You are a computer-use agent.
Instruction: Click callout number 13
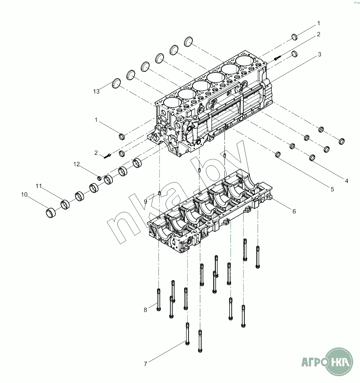[x=96, y=91]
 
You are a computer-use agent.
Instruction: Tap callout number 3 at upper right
[x=319, y=54]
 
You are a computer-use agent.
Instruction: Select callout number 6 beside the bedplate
[x=294, y=211]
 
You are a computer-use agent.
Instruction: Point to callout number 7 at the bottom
[x=145, y=364]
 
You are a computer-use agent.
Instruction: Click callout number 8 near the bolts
[x=145, y=310]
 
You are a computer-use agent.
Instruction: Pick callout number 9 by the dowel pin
[x=145, y=202]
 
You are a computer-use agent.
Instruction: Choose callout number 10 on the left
[x=24, y=194]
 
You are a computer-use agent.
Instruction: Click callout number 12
[x=77, y=164]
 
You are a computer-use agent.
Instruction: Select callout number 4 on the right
[x=346, y=181]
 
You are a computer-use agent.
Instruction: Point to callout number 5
[x=332, y=189]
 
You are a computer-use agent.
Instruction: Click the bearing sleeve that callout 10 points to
[x=51, y=213]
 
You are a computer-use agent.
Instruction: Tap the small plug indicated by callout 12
[x=99, y=178]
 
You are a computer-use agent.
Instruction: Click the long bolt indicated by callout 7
[x=187, y=333]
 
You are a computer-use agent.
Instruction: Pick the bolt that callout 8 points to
[x=158, y=299]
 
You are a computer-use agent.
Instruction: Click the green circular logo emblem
[x=339, y=361]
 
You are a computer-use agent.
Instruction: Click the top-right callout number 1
[x=319, y=23]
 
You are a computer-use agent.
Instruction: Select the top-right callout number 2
[x=319, y=34]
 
